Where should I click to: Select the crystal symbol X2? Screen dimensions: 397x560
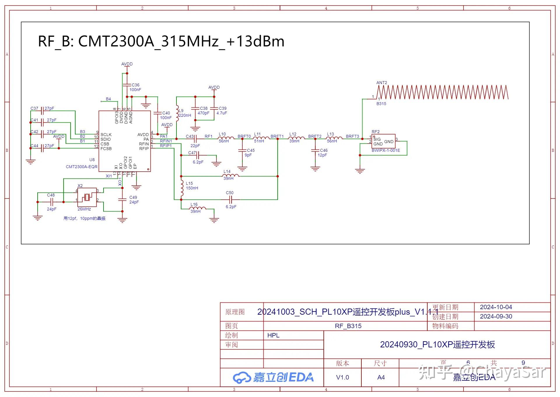(87, 197)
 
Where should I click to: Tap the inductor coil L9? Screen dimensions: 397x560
(177, 113)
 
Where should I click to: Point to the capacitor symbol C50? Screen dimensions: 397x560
(230, 200)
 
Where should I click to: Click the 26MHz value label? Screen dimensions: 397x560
(84, 209)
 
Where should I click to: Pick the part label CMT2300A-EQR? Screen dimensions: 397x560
(82, 167)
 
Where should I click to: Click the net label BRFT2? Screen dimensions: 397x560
(315, 136)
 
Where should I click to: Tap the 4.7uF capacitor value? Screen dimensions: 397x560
(222, 113)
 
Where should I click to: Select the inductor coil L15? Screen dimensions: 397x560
(182, 188)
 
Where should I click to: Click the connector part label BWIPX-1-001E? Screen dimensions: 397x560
(386, 150)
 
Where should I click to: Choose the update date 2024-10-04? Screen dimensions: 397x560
(496, 307)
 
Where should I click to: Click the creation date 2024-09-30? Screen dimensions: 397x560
(496, 316)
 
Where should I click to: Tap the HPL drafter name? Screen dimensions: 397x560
(273, 335)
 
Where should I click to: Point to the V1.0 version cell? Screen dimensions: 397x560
(342, 377)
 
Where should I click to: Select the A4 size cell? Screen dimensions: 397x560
(381, 377)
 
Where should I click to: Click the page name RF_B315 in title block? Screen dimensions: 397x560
(348, 326)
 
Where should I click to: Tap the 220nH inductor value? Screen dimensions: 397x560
(185, 115)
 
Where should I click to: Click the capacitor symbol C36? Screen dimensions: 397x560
(127, 85)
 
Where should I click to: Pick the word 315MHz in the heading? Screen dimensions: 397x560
(190, 41)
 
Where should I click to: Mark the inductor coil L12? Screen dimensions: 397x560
(297, 138)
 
